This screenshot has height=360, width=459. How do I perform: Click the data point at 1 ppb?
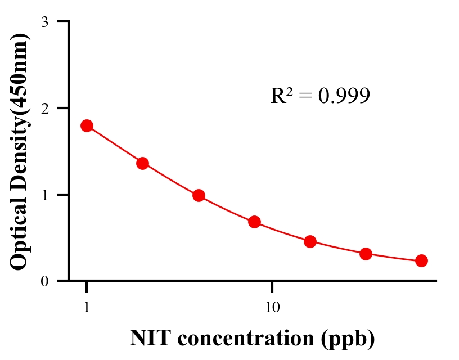coord(87,125)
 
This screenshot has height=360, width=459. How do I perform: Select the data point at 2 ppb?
coord(142,163)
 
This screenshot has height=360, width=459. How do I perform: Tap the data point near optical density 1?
coord(199,195)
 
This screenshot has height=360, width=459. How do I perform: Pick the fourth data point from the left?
coord(254,222)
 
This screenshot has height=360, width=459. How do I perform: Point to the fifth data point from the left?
coord(310,241)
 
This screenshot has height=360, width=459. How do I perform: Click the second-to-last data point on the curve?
coord(366,254)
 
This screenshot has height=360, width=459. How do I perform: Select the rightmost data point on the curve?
coord(421,260)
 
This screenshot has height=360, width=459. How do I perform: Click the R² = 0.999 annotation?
coord(320,96)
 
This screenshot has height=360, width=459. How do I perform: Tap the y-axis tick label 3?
coord(44,22)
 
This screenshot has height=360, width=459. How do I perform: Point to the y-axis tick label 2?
coord(44,108)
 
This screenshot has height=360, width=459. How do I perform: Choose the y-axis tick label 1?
coord(44,195)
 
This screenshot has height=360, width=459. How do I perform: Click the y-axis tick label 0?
coord(44,281)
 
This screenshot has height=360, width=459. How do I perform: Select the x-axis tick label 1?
coord(87,308)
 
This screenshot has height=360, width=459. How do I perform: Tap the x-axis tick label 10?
coord(272,308)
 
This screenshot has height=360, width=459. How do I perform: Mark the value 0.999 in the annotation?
coord(344,96)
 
